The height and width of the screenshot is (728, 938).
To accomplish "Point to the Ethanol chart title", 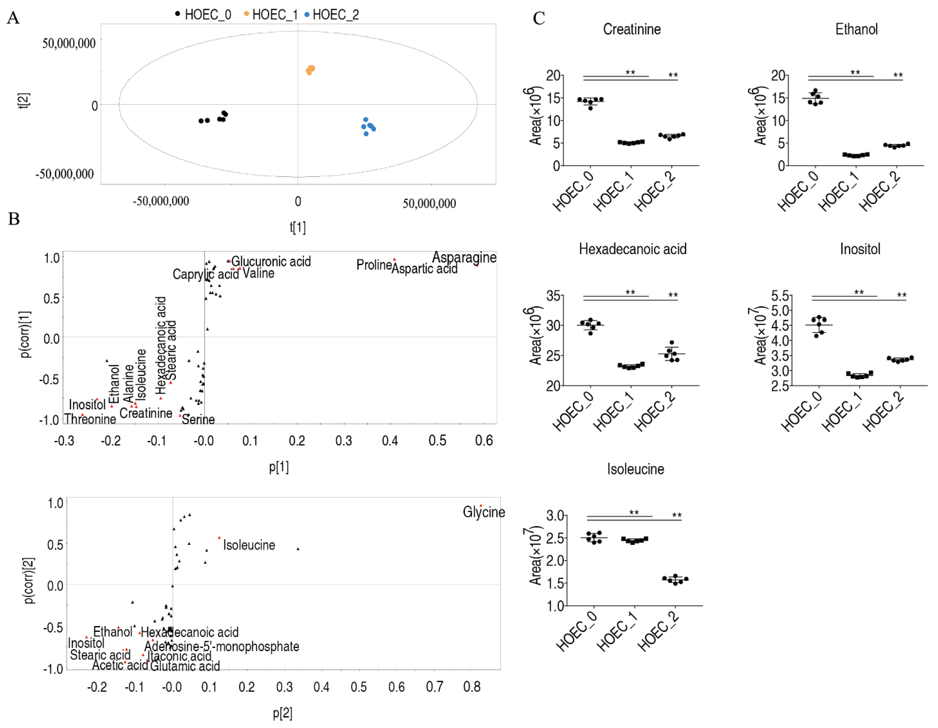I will coord(856,29).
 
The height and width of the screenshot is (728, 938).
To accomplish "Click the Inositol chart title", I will coord(860,249).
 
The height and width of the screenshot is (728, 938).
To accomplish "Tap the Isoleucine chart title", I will coord(635,469).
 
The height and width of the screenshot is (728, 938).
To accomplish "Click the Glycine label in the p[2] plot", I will coord(484,512).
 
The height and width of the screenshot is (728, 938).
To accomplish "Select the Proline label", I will coord(374,265).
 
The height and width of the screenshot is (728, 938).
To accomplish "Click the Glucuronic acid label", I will coord(271,261).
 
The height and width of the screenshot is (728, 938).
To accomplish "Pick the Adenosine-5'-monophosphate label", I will coord(222,646).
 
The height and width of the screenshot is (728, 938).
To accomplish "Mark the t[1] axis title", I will coord(298,227).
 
